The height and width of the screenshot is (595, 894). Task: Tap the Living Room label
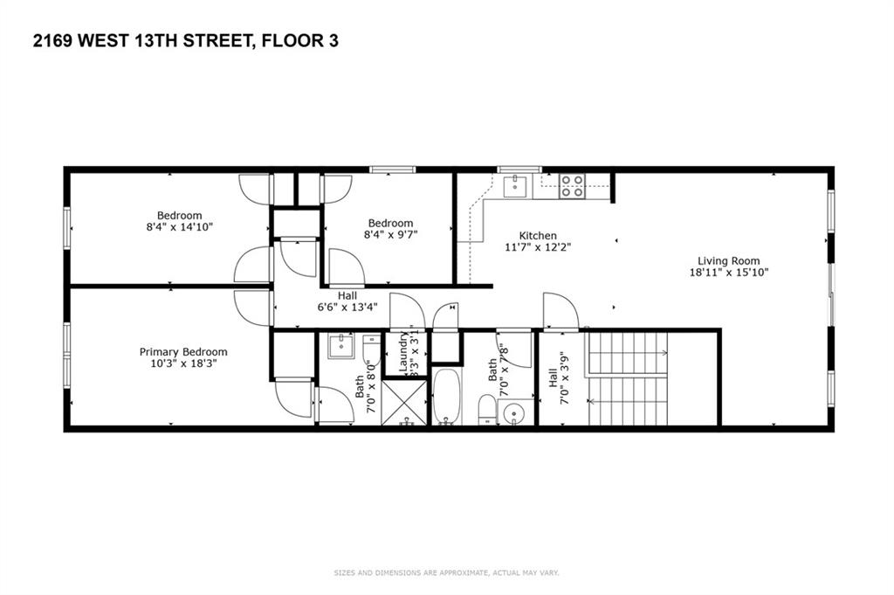[x=728, y=260]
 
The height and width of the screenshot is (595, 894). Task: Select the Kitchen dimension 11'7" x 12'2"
[x=538, y=247]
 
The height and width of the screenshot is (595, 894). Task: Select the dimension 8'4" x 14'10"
[x=180, y=226]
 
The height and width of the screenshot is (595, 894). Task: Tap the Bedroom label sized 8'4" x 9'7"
[x=389, y=223]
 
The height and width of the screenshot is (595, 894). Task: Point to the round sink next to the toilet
[x=515, y=412]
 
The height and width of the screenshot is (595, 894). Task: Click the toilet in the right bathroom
[x=487, y=410]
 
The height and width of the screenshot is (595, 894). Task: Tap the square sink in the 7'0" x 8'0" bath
[x=340, y=347]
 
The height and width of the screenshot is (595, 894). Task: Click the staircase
[x=627, y=377]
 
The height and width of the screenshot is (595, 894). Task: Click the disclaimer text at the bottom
[x=446, y=573]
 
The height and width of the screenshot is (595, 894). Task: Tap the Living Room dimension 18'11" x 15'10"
[x=728, y=273]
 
